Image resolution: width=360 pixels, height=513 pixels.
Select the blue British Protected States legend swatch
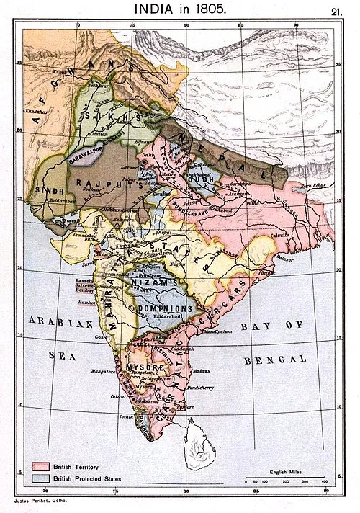40,479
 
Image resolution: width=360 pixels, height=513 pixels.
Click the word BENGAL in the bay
276,358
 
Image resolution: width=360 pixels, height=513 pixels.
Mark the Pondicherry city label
209,387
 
